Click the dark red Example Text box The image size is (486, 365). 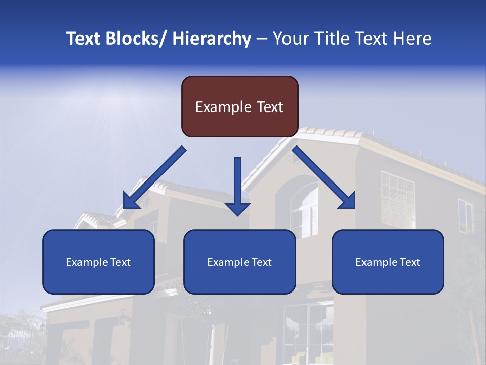pos(239,106)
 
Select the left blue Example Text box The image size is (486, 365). pos(98,262)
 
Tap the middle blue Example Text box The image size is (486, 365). pos(239,262)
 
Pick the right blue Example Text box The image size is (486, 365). pos(388,262)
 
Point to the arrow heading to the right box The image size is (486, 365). pos(324,177)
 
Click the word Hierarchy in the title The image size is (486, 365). pos(212,39)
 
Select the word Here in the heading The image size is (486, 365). pos(413,39)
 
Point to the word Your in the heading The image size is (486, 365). pos(289,39)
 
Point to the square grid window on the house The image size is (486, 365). pos(397,199)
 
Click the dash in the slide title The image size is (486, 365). pos(262,39)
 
